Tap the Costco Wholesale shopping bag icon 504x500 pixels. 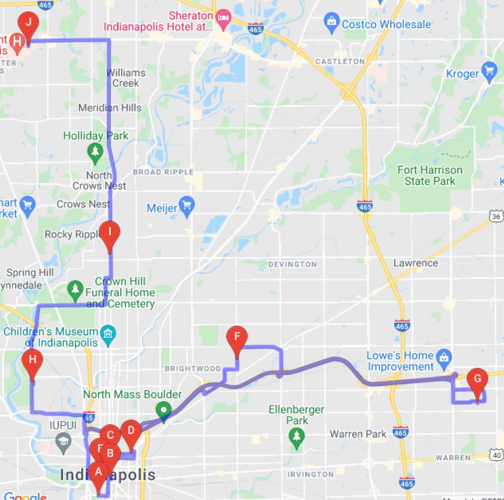332,22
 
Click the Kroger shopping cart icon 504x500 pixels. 489,72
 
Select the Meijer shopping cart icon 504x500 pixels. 187,206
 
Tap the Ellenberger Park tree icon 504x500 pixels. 296,437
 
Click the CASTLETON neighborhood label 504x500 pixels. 340,62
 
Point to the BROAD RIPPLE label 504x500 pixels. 163,172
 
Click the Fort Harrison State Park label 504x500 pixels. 430,176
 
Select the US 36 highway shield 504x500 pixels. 496,216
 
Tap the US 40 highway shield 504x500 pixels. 497,456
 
